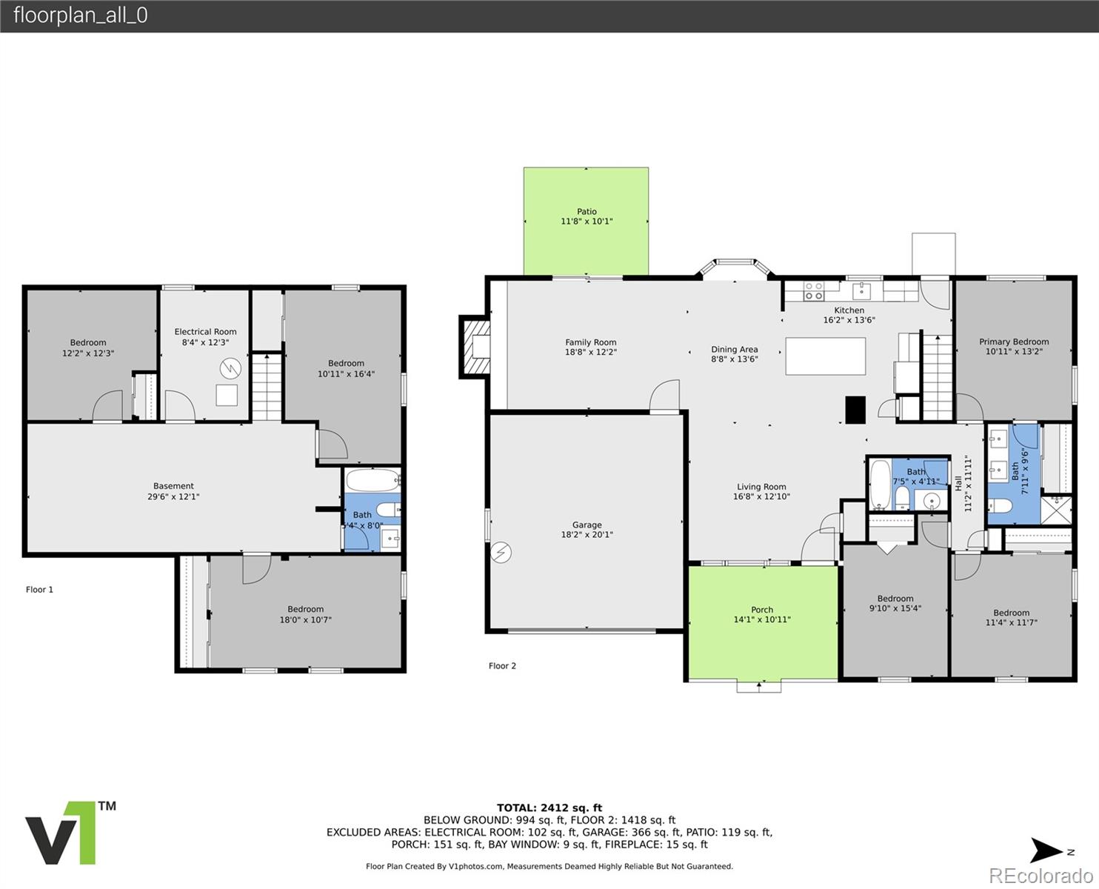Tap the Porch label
coord(761,610)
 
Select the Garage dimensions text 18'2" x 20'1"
coord(587,534)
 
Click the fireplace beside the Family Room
coord(475,347)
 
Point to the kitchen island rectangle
coord(825,356)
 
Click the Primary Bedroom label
coord(1013,342)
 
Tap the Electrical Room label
coord(205,332)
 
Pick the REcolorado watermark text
coord(1040,876)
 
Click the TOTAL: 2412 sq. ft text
coord(549,808)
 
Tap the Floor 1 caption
coord(39,590)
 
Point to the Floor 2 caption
coord(502,665)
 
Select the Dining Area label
coord(734,349)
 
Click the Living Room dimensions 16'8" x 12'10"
coord(761,496)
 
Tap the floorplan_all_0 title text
coord(80,16)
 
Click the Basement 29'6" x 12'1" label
coord(173,491)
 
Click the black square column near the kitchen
coord(855,410)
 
